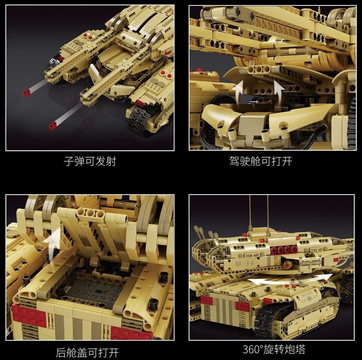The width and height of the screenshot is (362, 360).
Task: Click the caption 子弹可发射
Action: (90, 161)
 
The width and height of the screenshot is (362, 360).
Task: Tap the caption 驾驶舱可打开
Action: (261, 161)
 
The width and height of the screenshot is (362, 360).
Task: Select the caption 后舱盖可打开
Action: (87, 352)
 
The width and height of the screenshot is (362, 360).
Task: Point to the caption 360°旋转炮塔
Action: (274, 349)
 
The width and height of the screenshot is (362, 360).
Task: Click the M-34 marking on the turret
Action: (245, 263)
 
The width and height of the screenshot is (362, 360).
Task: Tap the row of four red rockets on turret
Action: (284, 249)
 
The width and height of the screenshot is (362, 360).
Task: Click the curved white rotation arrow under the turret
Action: (291, 280)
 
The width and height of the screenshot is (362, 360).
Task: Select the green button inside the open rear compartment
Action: (99, 292)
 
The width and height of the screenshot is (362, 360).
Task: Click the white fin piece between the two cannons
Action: (94, 74)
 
